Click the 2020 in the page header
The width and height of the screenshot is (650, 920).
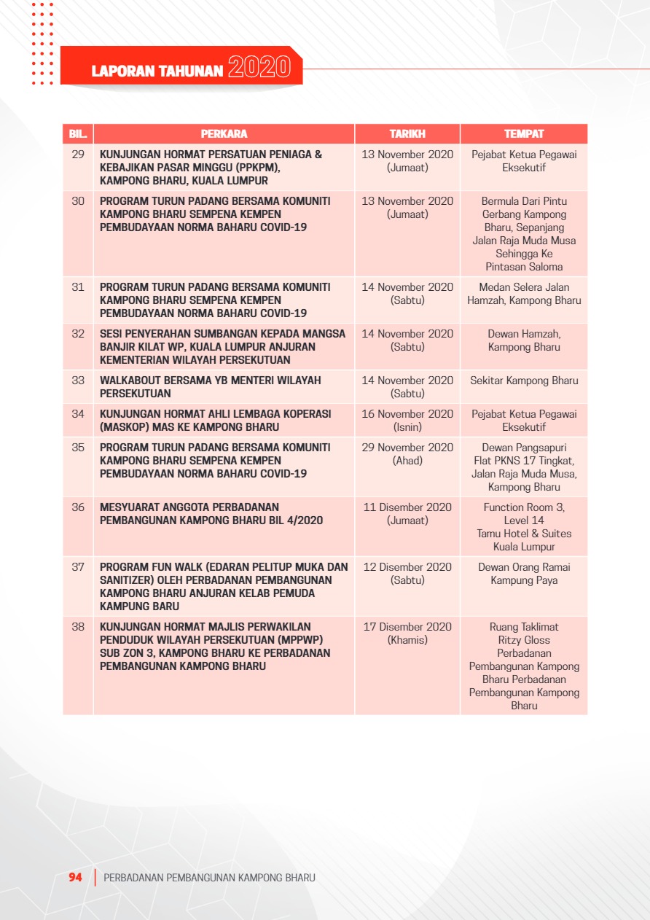(259, 68)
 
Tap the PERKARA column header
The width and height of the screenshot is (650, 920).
(224, 134)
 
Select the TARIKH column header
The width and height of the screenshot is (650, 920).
(407, 134)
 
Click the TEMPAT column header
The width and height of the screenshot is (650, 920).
(524, 134)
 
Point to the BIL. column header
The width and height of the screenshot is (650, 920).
(78, 134)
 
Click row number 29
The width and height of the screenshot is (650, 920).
(78, 155)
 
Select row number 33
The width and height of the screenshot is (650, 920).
(78, 381)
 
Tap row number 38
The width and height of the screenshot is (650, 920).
(78, 627)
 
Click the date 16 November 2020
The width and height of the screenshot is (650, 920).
(407, 414)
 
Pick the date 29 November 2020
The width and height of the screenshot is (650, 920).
(407, 448)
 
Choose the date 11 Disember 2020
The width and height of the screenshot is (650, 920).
(407, 507)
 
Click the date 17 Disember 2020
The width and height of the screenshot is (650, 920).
(407, 627)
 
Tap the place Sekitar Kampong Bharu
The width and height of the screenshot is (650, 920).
(524, 381)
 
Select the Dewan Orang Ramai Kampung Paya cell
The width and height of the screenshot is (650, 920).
(524, 574)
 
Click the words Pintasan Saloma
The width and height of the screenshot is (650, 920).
(524, 267)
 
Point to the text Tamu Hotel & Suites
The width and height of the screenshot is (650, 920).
(524, 534)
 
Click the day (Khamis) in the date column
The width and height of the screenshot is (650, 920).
(407, 640)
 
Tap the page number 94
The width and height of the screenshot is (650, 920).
(75, 878)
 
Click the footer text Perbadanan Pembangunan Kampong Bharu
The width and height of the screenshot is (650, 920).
(210, 878)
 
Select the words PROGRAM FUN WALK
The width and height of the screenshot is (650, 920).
(142, 567)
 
